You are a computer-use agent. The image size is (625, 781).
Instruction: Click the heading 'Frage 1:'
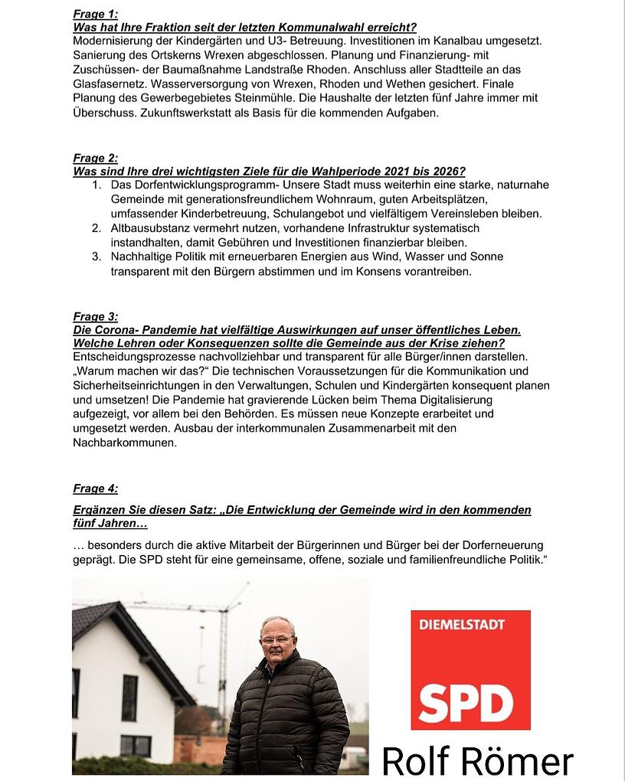(x=96, y=14)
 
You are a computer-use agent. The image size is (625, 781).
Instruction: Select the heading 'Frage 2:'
(x=96, y=158)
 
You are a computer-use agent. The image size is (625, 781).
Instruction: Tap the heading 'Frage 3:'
(x=96, y=316)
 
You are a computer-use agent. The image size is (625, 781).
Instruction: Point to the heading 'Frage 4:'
(x=96, y=489)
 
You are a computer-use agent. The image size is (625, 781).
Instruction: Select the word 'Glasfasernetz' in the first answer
(x=109, y=83)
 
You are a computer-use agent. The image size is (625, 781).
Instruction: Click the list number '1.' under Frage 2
(x=97, y=185)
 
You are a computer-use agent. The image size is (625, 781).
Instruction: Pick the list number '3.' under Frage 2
(x=97, y=257)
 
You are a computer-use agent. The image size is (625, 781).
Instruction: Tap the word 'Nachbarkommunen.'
(x=125, y=443)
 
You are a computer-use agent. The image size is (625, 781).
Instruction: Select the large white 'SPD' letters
(x=466, y=698)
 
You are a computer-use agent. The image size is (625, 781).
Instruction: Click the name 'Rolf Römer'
(x=477, y=761)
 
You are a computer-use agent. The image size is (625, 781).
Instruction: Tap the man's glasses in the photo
(x=276, y=639)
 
